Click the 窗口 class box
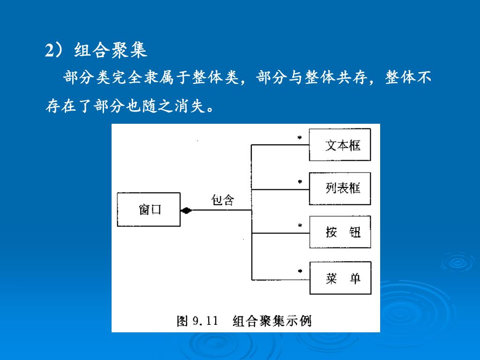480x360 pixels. (x=149, y=210)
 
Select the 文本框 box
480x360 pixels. (x=340, y=145)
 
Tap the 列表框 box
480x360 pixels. (x=340, y=188)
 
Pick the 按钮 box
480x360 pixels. (x=340, y=232)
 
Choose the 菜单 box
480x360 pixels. (x=340, y=278)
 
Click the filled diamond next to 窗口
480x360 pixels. (x=187, y=210)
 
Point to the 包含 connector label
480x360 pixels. (x=222, y=200)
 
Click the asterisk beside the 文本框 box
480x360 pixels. (x=300, y=138)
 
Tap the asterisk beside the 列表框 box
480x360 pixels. (x=300, y=182)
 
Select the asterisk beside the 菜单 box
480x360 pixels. (x=300, y=271)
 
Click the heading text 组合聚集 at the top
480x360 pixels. (x=111, y=51)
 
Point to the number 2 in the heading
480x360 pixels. (x=49, y=51)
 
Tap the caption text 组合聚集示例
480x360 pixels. (x=272, y=321)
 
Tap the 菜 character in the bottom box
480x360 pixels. (x=331, y=278)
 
